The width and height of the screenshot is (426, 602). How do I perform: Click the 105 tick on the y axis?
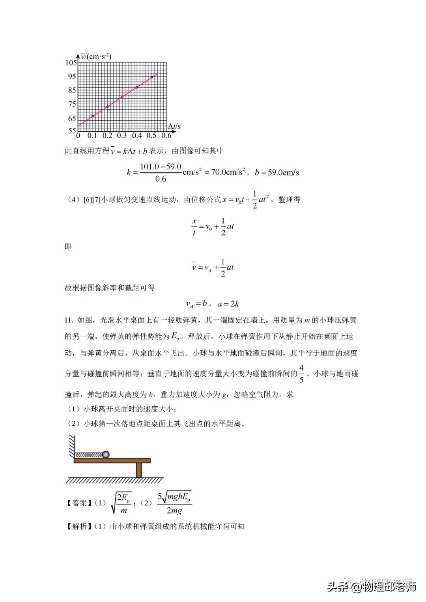[71, 63]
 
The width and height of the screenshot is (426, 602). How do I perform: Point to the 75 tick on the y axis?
[72, 104]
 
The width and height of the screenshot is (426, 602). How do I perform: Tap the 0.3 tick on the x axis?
[122, 136]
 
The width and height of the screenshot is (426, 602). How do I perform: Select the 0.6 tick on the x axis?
[167, 136]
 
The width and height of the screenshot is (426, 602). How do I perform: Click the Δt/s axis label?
[174, 126]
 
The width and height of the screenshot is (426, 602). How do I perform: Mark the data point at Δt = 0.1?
[93, 116]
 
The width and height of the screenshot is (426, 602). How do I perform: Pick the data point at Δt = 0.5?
[152, 77]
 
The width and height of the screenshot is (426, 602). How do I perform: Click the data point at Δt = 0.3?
[122, 97]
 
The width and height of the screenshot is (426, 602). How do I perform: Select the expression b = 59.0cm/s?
[277, 172]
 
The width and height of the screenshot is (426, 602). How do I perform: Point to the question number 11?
[69, 320]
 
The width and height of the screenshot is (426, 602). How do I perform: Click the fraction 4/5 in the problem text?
[301, 374]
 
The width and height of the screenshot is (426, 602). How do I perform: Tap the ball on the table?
[105, 455]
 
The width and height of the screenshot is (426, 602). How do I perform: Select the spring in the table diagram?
[89, 455]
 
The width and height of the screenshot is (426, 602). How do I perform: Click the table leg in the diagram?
[138, 470]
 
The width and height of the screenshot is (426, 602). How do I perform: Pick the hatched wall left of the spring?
[71, 446]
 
